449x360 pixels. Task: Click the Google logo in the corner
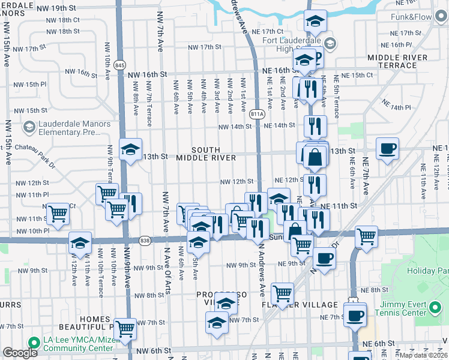[20, 353]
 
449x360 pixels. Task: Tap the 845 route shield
[120, 65]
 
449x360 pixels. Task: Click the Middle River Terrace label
[398, 62]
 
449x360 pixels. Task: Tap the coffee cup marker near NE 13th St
[387, 148]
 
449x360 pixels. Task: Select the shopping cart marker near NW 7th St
[125, 328]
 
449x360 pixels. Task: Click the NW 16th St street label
[147, 74]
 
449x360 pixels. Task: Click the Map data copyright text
[423, 355]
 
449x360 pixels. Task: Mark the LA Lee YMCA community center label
[78, 343]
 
